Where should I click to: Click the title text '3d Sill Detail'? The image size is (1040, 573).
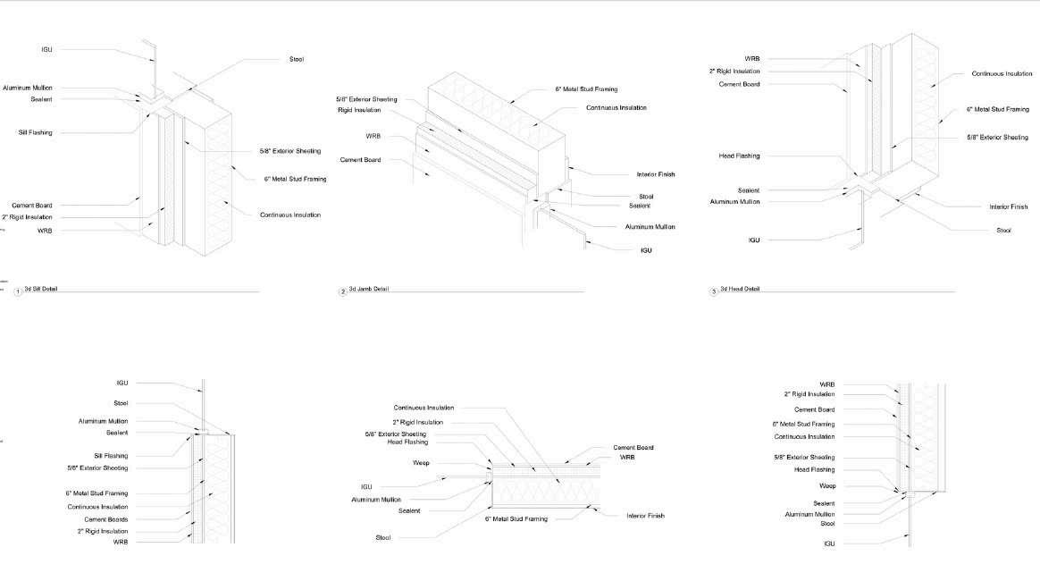click(40, 290)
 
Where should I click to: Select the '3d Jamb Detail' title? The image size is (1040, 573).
click(368, 290)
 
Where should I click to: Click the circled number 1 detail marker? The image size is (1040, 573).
click(18, 291)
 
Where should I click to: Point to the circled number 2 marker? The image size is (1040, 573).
click(342, 291)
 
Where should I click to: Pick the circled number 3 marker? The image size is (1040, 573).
click(713, 291)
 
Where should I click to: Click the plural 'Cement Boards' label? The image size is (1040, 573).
click(106, 519)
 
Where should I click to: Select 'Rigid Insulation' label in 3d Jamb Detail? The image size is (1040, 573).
click(359, 110)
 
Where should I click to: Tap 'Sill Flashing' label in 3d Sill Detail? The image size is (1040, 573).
click(36, 132)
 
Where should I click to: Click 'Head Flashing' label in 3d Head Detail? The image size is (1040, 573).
click(739, 156)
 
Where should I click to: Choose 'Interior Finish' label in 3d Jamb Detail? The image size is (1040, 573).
click(655, 174)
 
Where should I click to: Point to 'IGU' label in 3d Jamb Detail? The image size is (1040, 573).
click(646, 250)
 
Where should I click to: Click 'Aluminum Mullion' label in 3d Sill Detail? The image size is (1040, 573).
click(28, 88)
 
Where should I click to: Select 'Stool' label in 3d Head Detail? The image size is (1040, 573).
click(1003, 230)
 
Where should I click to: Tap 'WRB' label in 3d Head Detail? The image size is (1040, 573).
click(751, 59)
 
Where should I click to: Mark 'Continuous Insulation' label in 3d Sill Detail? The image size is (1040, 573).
click(290, 215)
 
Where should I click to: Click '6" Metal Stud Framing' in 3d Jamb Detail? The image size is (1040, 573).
click(586, 89)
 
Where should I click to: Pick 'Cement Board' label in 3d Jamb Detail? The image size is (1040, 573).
click(360, 160)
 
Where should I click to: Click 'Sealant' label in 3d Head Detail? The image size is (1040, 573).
click(748, 190)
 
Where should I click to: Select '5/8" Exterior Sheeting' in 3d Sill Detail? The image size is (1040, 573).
click(290, 151)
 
